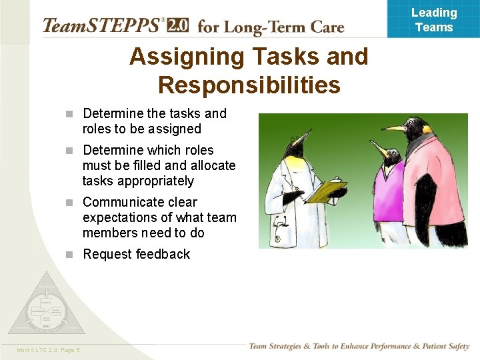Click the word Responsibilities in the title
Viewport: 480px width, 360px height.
pos(249,85)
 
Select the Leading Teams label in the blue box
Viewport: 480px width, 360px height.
pos(434,20)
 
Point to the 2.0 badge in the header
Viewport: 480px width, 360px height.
pos(177,25)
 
